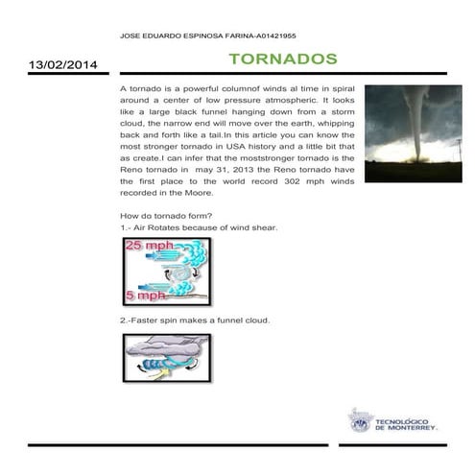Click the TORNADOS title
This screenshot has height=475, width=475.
pos(282,59)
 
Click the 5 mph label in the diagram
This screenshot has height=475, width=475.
pos(146,295)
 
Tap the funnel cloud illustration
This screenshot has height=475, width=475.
pos(166,359)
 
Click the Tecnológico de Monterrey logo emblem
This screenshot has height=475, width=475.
pos(359,419)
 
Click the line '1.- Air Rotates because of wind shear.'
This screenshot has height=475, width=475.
pos(199,228)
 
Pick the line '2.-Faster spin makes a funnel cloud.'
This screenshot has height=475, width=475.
pos(195,320)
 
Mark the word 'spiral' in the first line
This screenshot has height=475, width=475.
pos(340,88)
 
